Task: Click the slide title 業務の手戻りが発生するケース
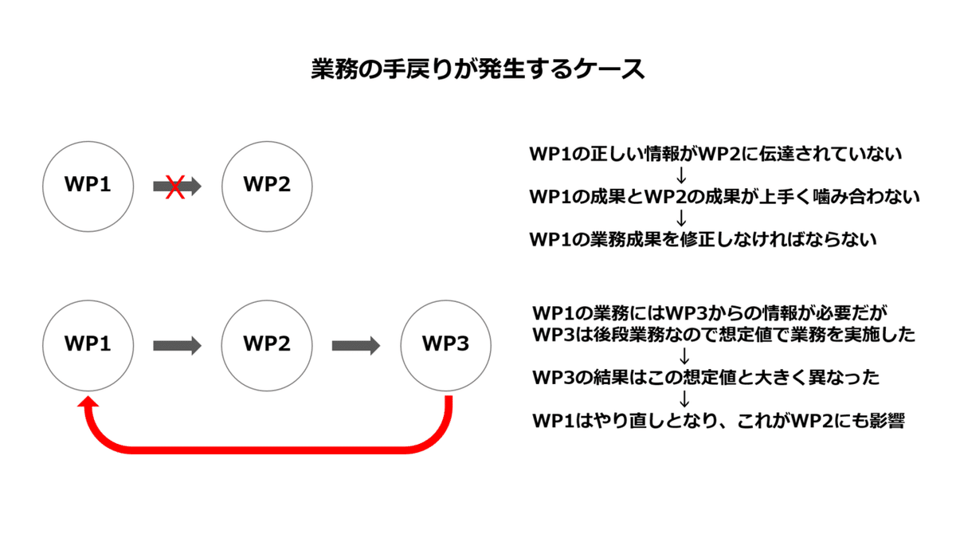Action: point(477,69)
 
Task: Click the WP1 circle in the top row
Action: point(88,186)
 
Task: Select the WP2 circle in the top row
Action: point(267,186)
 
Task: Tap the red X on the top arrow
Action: point(175,187)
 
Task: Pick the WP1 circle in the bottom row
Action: point(88,345)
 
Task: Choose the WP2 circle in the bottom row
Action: point(267,345)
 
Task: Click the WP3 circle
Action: point(446,345)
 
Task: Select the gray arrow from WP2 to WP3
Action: point(356,345)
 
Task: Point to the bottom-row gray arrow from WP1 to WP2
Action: point(177,345)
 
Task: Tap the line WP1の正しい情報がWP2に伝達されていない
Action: point(715,154)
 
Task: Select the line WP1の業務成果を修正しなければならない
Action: point(703,238)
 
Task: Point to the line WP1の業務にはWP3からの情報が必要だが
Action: point(709,311)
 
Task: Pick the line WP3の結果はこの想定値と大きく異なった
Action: point(706,377)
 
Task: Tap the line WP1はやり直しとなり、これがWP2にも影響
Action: point(719,420)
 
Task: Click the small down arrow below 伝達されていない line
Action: point(681,175)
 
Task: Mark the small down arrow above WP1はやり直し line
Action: point(684,399)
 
